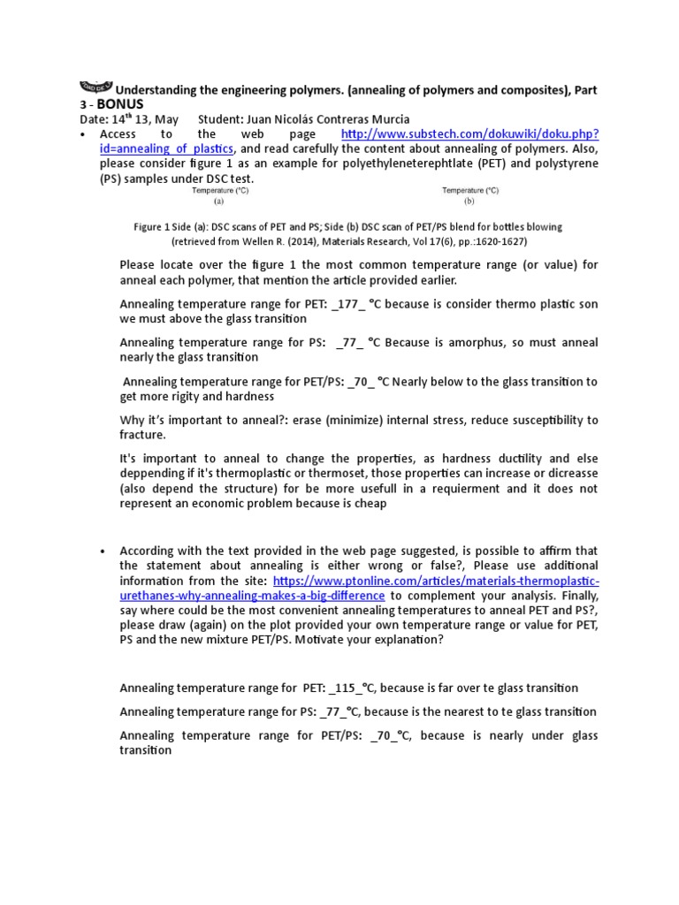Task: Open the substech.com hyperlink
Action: coord(469,133)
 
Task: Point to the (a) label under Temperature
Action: coord(219,201)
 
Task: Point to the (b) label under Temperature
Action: coord(469,201)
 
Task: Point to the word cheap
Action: coord(369,503)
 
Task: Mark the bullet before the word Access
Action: coord(82,134)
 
